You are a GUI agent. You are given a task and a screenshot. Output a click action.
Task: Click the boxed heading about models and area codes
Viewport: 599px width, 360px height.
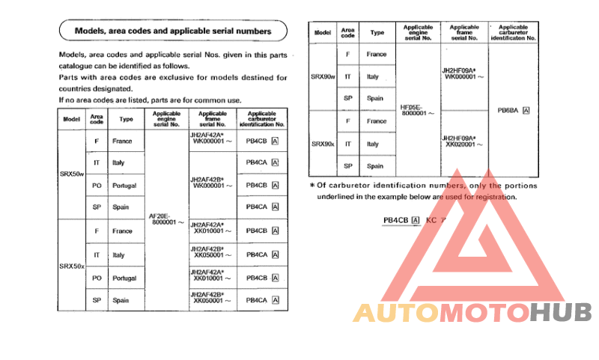[x=173, y=31]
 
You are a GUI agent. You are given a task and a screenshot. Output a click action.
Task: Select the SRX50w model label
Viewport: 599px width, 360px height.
[x=72, y=174]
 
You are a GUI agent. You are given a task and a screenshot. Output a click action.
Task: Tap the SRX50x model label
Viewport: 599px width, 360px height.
[x=72, y=266]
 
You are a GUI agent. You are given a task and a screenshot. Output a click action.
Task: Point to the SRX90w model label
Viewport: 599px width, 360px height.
[x=323, y=76]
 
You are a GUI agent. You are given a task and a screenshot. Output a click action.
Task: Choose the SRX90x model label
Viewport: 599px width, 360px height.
[x=323, y=143]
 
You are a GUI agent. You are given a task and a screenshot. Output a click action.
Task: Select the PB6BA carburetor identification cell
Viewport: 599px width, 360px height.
[x=514, y=110]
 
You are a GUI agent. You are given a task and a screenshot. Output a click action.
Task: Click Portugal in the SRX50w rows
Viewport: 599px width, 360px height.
[x=124, y=185]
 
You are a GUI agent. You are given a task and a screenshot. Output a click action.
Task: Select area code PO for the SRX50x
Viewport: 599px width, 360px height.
[x=97, y=278]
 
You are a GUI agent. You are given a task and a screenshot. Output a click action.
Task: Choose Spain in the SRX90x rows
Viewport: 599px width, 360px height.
[x=375, y=166]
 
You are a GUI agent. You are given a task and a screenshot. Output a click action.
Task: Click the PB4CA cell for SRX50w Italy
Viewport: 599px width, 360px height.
[x=262, y=162]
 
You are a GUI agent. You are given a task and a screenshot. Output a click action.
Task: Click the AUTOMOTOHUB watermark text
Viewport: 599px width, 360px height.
[x=472, y=313]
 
